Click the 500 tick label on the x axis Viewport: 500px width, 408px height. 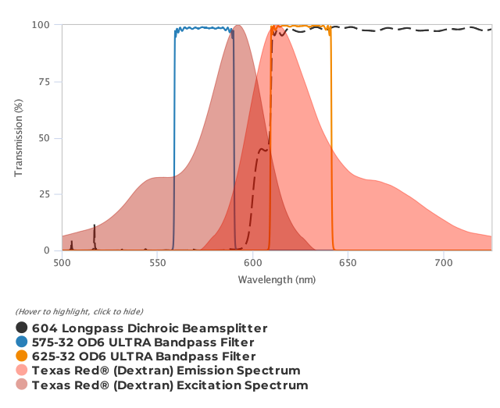click(x=62, y=264)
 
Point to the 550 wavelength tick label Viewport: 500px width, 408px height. click(x=157, y=264)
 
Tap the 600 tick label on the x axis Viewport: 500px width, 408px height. click(x=252, y=264)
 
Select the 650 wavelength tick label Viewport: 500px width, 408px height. click(x=348, y=264)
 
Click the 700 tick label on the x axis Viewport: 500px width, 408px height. click(x=444, y=264)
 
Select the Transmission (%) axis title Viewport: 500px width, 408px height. click(x=19, y=138)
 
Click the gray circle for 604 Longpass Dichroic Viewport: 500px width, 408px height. click(x=22, y=328)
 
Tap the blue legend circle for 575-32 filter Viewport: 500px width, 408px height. click(x=22, y=342)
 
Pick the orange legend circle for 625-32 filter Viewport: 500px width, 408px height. click(x=22, y=357)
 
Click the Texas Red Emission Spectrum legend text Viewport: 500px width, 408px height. click(x=166, y=371)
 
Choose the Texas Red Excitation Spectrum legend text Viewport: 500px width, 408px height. click(x=170, y=385)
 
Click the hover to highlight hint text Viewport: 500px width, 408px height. click(x=79, y=312)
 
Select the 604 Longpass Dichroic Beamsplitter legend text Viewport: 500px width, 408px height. click(x=150, y=328)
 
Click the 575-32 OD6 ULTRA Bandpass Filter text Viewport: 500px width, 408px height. click(x=143, y=342)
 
